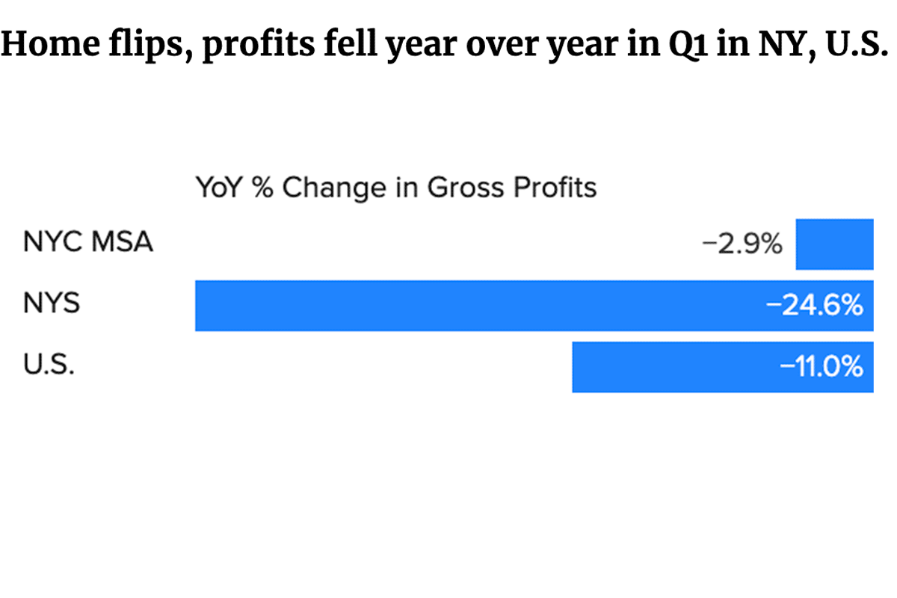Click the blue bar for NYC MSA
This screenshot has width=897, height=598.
[834, 244]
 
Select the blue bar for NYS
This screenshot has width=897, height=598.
[534, 306]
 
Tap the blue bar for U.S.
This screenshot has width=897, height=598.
[723, 367]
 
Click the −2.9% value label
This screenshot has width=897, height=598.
[742, 244]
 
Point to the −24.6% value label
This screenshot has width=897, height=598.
[814, 305]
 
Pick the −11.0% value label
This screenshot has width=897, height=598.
[822, 366]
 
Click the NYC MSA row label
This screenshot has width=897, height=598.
[88, 242]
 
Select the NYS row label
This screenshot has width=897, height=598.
[52, 303]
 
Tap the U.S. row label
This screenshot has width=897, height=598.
[49, 365]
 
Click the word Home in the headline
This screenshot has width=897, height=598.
[51, 44]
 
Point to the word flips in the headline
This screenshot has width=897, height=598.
[151, 46]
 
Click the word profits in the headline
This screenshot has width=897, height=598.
[259, 46]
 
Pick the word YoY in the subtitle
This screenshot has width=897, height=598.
[220, 187]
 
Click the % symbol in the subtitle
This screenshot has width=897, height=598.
[263, 187]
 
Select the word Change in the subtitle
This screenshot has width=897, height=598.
[334, 188]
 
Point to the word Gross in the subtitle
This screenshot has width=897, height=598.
[466, 187]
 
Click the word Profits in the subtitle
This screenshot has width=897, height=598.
[555, 187]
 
